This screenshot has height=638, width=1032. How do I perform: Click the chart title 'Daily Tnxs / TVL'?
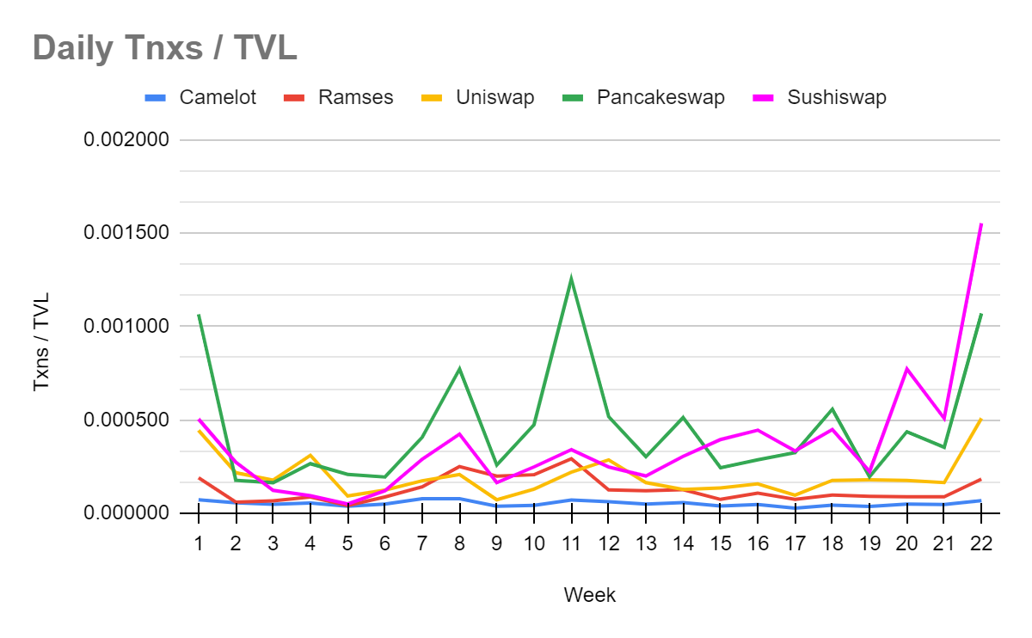(164, 48)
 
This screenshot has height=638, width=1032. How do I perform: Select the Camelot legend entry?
(218, 97)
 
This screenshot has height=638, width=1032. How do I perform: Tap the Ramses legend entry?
(355, 97)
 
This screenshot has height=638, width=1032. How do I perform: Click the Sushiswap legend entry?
(836, 97)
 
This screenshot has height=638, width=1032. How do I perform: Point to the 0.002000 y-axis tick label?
(126, 140)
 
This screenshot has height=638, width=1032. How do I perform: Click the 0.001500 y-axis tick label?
(126, 234)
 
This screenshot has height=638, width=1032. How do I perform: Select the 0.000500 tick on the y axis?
(126, 420)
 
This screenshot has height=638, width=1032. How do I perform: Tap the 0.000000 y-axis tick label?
(126, 513)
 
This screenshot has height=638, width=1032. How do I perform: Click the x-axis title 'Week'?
(589, 594)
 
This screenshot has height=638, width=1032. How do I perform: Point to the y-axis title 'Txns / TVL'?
(41, 342)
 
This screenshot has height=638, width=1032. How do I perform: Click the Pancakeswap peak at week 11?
(571, 279)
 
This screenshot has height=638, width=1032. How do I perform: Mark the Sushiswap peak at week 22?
(981, 224)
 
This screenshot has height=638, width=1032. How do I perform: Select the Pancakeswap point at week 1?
(199, 315)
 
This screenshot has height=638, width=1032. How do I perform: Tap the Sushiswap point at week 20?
(906, 369)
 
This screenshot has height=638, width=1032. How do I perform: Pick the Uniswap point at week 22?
(981, 419)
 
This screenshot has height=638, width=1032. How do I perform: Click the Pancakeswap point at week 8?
(459, 369)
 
